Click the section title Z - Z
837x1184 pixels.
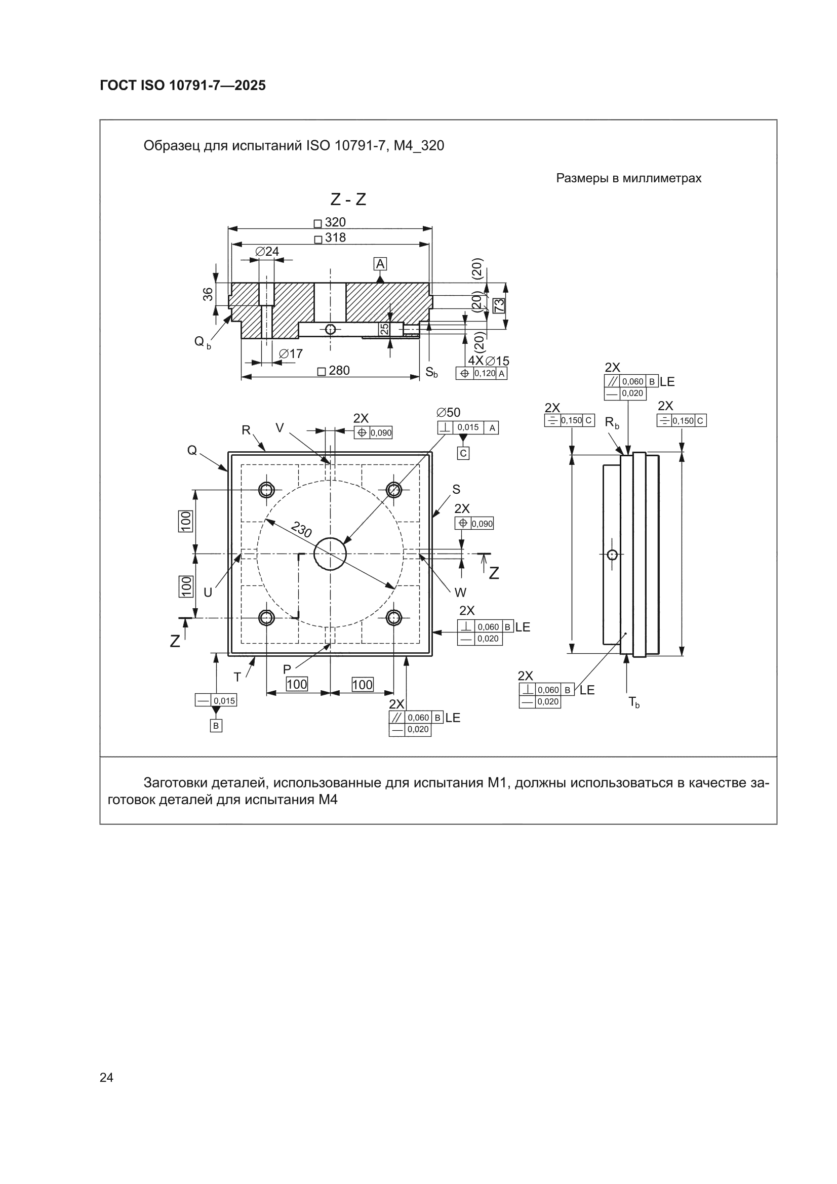pyautogui.click(x=348, y=199)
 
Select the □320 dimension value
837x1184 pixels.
pyautogui.click(x=330, y=222)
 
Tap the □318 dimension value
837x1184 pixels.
pyautogui.click(x=330, y=238)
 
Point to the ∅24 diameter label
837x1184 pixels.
pyautogui.click(x=267, y=251)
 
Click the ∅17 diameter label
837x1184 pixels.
pyautogui.click(x=291, y=354)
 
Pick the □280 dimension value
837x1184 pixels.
pyautogui.click(x=334, y=371)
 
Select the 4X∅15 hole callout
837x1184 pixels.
pyautogui.click(x=489, y=361)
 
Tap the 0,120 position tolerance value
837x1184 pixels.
pyautogui.click(x=485, y=373)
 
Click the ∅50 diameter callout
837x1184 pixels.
pyautogui.click(x=448, y=413)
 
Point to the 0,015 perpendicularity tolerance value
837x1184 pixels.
pyautogui.click(x=468, y=427)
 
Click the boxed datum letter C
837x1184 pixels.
pyautogui.click(x=463, y=453)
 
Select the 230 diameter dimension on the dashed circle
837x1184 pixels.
pyautogui.click(x=302, y=529)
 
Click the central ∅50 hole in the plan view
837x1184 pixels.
pyautogui.click(x=330, y=554)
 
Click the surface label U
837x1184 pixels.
pyautogui.click(x=208, y=593)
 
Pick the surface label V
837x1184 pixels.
pyautogui.click(x=280, y=428)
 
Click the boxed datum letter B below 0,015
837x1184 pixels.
pyautogui.click(x=216, y=726)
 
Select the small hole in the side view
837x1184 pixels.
pyautogui.click(x=612, y=555)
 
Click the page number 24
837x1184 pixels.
pyautogui.click(x=106, y=1077)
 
